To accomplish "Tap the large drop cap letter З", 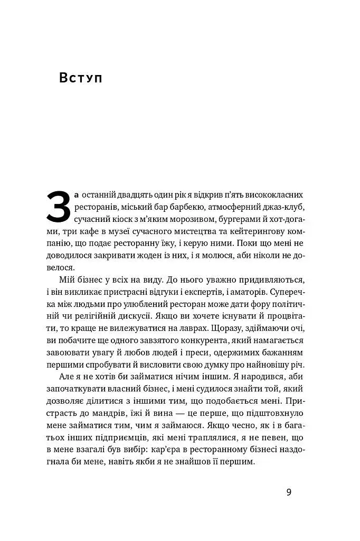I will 58,207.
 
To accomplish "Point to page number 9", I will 289,492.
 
